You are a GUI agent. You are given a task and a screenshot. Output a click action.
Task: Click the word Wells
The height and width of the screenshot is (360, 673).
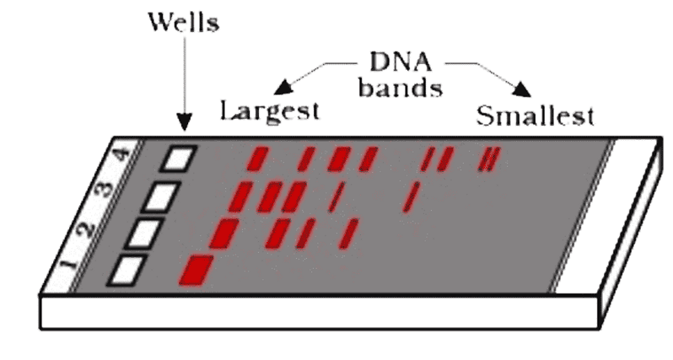coord(182,22)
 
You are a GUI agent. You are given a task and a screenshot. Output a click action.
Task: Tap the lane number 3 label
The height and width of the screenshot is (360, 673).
coord(110,189)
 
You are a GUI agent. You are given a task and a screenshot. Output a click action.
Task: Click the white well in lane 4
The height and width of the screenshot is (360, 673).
coord(179,158)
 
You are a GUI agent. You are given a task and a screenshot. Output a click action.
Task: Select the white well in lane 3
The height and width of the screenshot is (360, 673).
coord(161,196)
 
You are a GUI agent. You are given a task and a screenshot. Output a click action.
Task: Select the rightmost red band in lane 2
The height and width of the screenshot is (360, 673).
coord(351,231)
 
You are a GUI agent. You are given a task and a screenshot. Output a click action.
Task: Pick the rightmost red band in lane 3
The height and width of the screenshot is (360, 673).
coord(412,196)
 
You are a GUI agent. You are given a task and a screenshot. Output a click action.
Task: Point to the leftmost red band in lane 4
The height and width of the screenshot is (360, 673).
coord(257,158)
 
